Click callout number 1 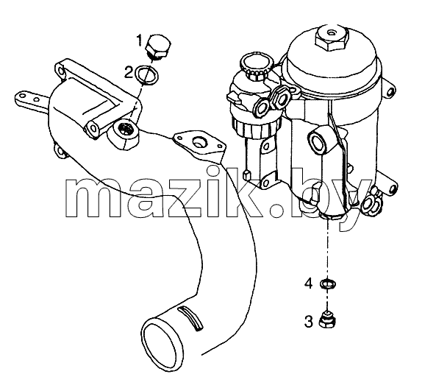(x=140, y=40)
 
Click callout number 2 (x=129, y=73)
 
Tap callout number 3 (x=308, y=321)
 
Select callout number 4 (x=308, y=284)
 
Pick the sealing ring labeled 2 (x=147, y=75)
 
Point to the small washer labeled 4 (x=328, y=284)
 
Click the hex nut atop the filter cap (x=332, y=38)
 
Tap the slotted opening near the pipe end (x=190, y=318)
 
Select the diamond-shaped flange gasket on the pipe (x=199, y=144)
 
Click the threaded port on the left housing (x=126, y=130)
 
